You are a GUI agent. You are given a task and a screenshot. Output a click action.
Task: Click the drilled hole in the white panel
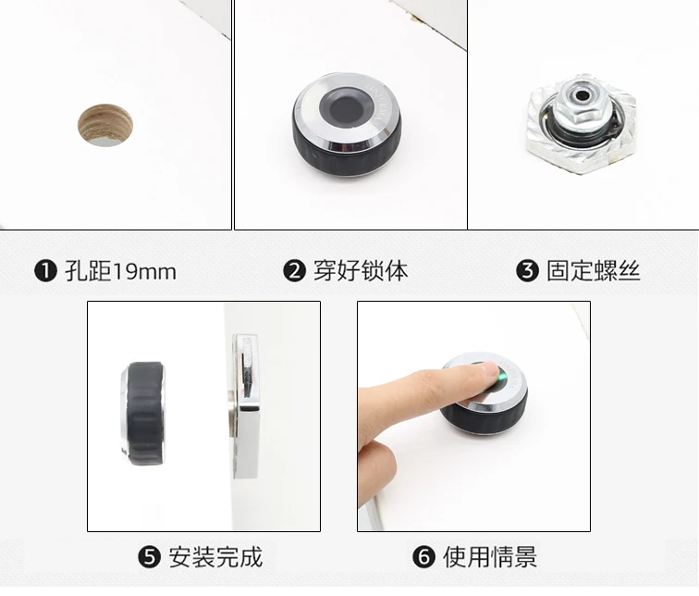105,125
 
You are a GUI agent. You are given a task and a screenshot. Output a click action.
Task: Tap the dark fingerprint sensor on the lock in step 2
347,108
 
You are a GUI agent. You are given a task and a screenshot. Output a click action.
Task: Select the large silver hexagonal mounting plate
581,125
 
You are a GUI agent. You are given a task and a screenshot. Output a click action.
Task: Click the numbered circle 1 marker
45,271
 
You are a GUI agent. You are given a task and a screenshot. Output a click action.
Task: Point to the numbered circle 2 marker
294,271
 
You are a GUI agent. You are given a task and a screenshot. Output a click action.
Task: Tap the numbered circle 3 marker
527,271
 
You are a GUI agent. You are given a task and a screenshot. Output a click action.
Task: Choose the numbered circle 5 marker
149,557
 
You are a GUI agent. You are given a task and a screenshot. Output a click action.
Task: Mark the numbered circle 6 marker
423,557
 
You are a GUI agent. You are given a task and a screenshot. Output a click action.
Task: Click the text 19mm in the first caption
145,272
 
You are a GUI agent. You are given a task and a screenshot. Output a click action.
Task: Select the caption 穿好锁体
361,271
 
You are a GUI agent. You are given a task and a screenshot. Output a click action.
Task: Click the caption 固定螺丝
594,271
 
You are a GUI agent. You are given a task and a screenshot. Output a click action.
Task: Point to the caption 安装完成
215,557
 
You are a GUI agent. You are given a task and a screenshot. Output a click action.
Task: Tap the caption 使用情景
490,557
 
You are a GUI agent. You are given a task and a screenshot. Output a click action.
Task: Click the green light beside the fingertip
503,378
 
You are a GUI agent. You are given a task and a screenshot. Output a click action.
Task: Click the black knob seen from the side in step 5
143,413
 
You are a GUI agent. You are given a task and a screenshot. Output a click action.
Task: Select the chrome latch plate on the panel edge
246,406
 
